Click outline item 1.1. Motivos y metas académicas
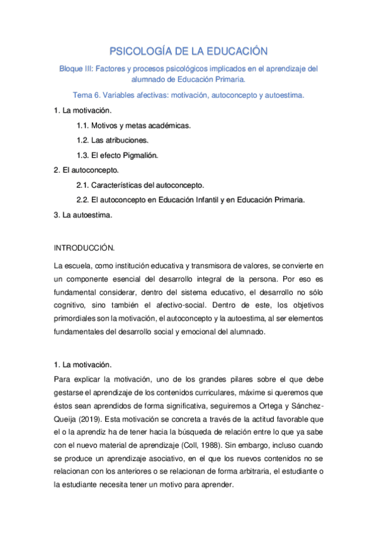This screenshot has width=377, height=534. pos(133,125)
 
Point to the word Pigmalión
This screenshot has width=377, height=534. pos(140,155)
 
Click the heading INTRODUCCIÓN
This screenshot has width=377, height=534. pos(84,247)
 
